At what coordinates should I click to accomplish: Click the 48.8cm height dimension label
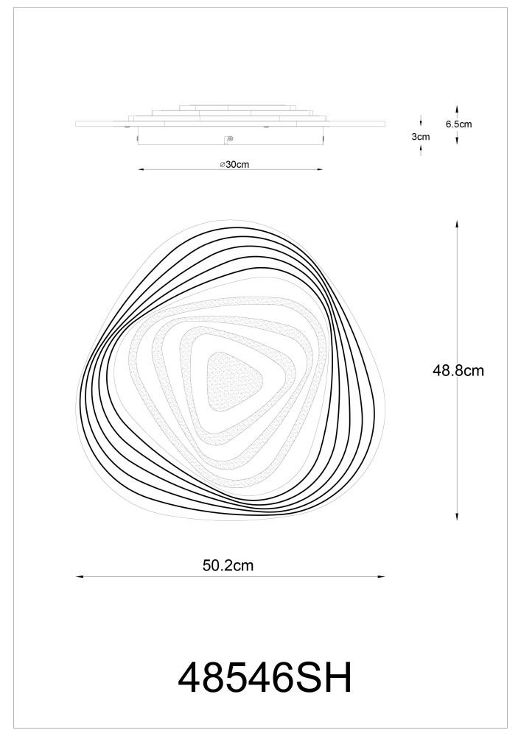pos(458,371)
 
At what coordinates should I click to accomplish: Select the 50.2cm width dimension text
pos(228,565)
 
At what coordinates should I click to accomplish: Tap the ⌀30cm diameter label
pos(234,164)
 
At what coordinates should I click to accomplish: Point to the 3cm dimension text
pos(421,137)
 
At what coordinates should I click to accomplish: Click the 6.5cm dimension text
pos(458,124)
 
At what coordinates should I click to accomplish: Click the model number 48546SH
pos(265,678)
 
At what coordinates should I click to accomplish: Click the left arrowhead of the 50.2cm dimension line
pos(80,577)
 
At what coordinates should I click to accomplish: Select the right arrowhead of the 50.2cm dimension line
pos(381,577)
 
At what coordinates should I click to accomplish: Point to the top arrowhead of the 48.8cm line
pos(457,224)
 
